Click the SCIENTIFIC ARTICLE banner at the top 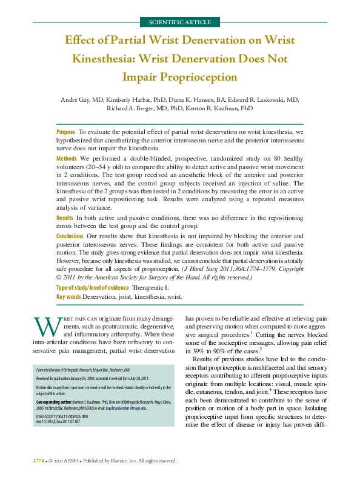(x=179, y=22)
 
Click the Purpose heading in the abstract (x=65, y=132)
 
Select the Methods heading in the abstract (x=66, y=157)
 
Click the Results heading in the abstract (x=65, y=217)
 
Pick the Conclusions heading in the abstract (x=70, y=235)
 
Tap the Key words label (x=68, y=297)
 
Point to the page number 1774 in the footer (x=38, y=461)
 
